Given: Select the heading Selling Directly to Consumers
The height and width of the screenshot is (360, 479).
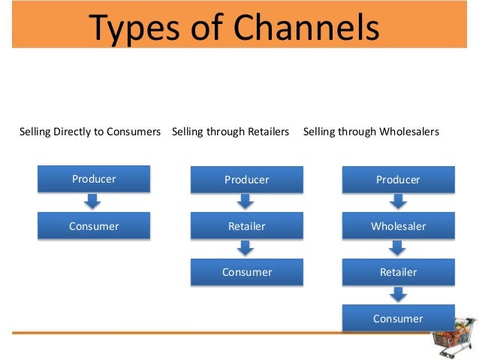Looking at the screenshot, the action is tap(90, 132).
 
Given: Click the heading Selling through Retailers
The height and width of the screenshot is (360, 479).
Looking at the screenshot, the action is tap(230, 132).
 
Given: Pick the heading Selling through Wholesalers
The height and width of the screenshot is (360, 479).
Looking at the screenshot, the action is tap(371, 132).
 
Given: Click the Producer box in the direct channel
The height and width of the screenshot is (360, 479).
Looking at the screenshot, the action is tap(94, 179).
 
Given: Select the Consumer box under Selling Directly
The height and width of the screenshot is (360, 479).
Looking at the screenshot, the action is tap(94, 225).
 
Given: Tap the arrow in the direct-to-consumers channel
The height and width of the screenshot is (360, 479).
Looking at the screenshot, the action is tap(93, 201).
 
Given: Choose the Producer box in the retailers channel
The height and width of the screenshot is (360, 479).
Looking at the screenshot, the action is tap(246, 180).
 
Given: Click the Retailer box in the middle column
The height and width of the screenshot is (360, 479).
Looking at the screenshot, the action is tap(246, 225).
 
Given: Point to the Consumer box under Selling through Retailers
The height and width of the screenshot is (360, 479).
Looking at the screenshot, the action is tap(246, 272).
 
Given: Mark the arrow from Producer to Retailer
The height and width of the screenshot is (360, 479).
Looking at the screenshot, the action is tap(246, 202).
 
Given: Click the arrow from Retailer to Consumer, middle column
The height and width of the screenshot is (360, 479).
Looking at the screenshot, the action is tap(246, 249).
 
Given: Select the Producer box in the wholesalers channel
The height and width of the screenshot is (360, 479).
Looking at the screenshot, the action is tap(398, 180).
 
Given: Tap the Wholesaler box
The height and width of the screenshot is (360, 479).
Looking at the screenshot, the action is tap(398, 225).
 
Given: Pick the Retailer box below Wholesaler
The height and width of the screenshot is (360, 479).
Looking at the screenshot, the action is tap(398, 272).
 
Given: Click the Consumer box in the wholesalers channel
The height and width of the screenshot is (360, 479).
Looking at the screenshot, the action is tap(398, 318).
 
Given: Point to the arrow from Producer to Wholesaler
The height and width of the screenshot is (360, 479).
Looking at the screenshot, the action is tap(398, 202).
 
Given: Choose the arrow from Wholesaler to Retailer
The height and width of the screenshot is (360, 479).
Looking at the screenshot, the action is tap(398, 249).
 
